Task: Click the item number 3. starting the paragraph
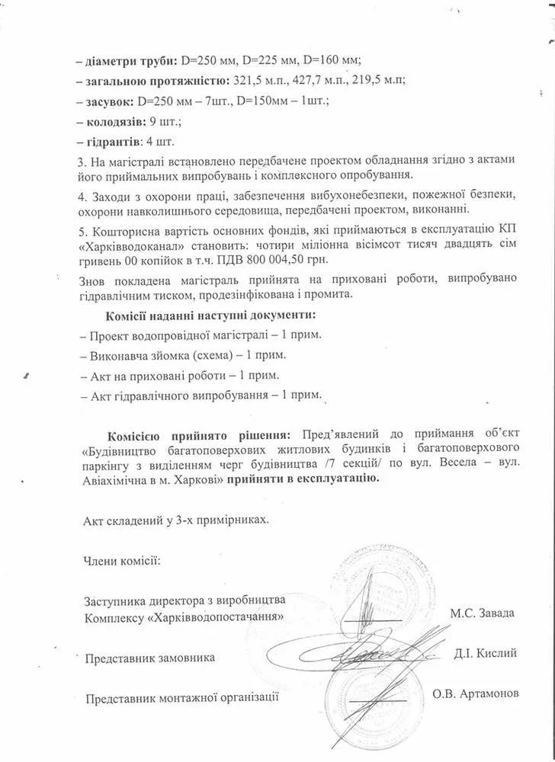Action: [82, 162]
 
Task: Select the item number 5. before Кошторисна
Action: [82, 230]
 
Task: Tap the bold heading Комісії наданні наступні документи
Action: [210, 315]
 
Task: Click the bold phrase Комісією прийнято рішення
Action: [199, 435]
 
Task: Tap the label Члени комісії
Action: [121, 562]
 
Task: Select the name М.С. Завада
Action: [482, 613]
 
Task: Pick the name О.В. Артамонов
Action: [475, 694]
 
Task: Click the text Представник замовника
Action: [150, 657]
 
